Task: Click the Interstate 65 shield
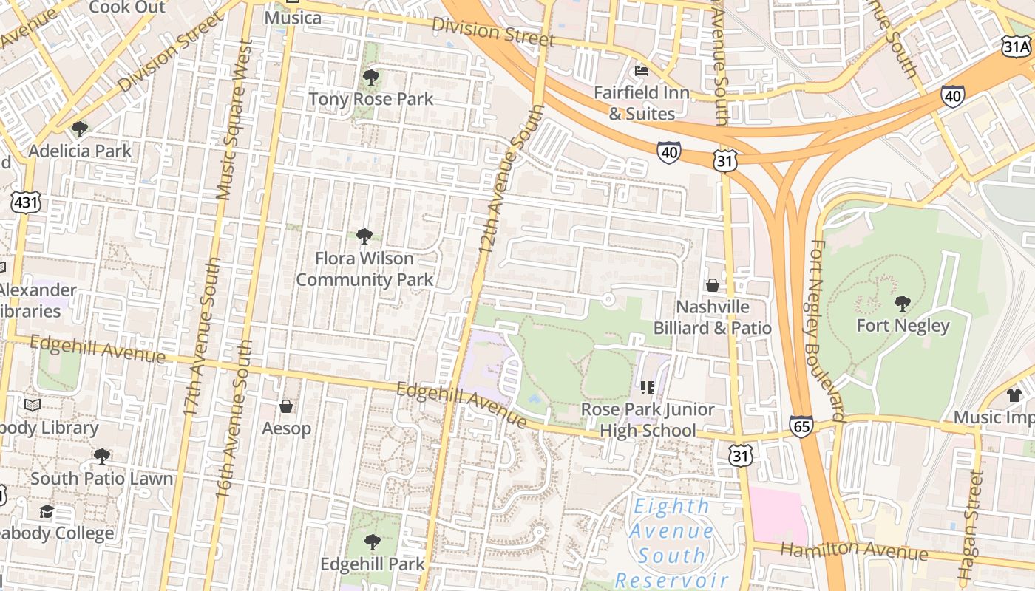[801, 426]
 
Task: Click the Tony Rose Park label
[370, 99]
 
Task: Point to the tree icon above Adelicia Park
[80, 130]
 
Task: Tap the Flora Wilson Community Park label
[364, 269]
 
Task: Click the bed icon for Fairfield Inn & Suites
[642, 71]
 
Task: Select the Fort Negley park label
[903, 326]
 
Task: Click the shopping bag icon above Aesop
[286, 406]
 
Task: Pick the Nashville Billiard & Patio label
[713, 318]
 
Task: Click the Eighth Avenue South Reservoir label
[671, 543]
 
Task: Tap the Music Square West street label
[235, 120]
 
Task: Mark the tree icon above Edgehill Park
[373, 542]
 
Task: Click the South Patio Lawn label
[102, 479]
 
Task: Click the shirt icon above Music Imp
[1014, 395]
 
